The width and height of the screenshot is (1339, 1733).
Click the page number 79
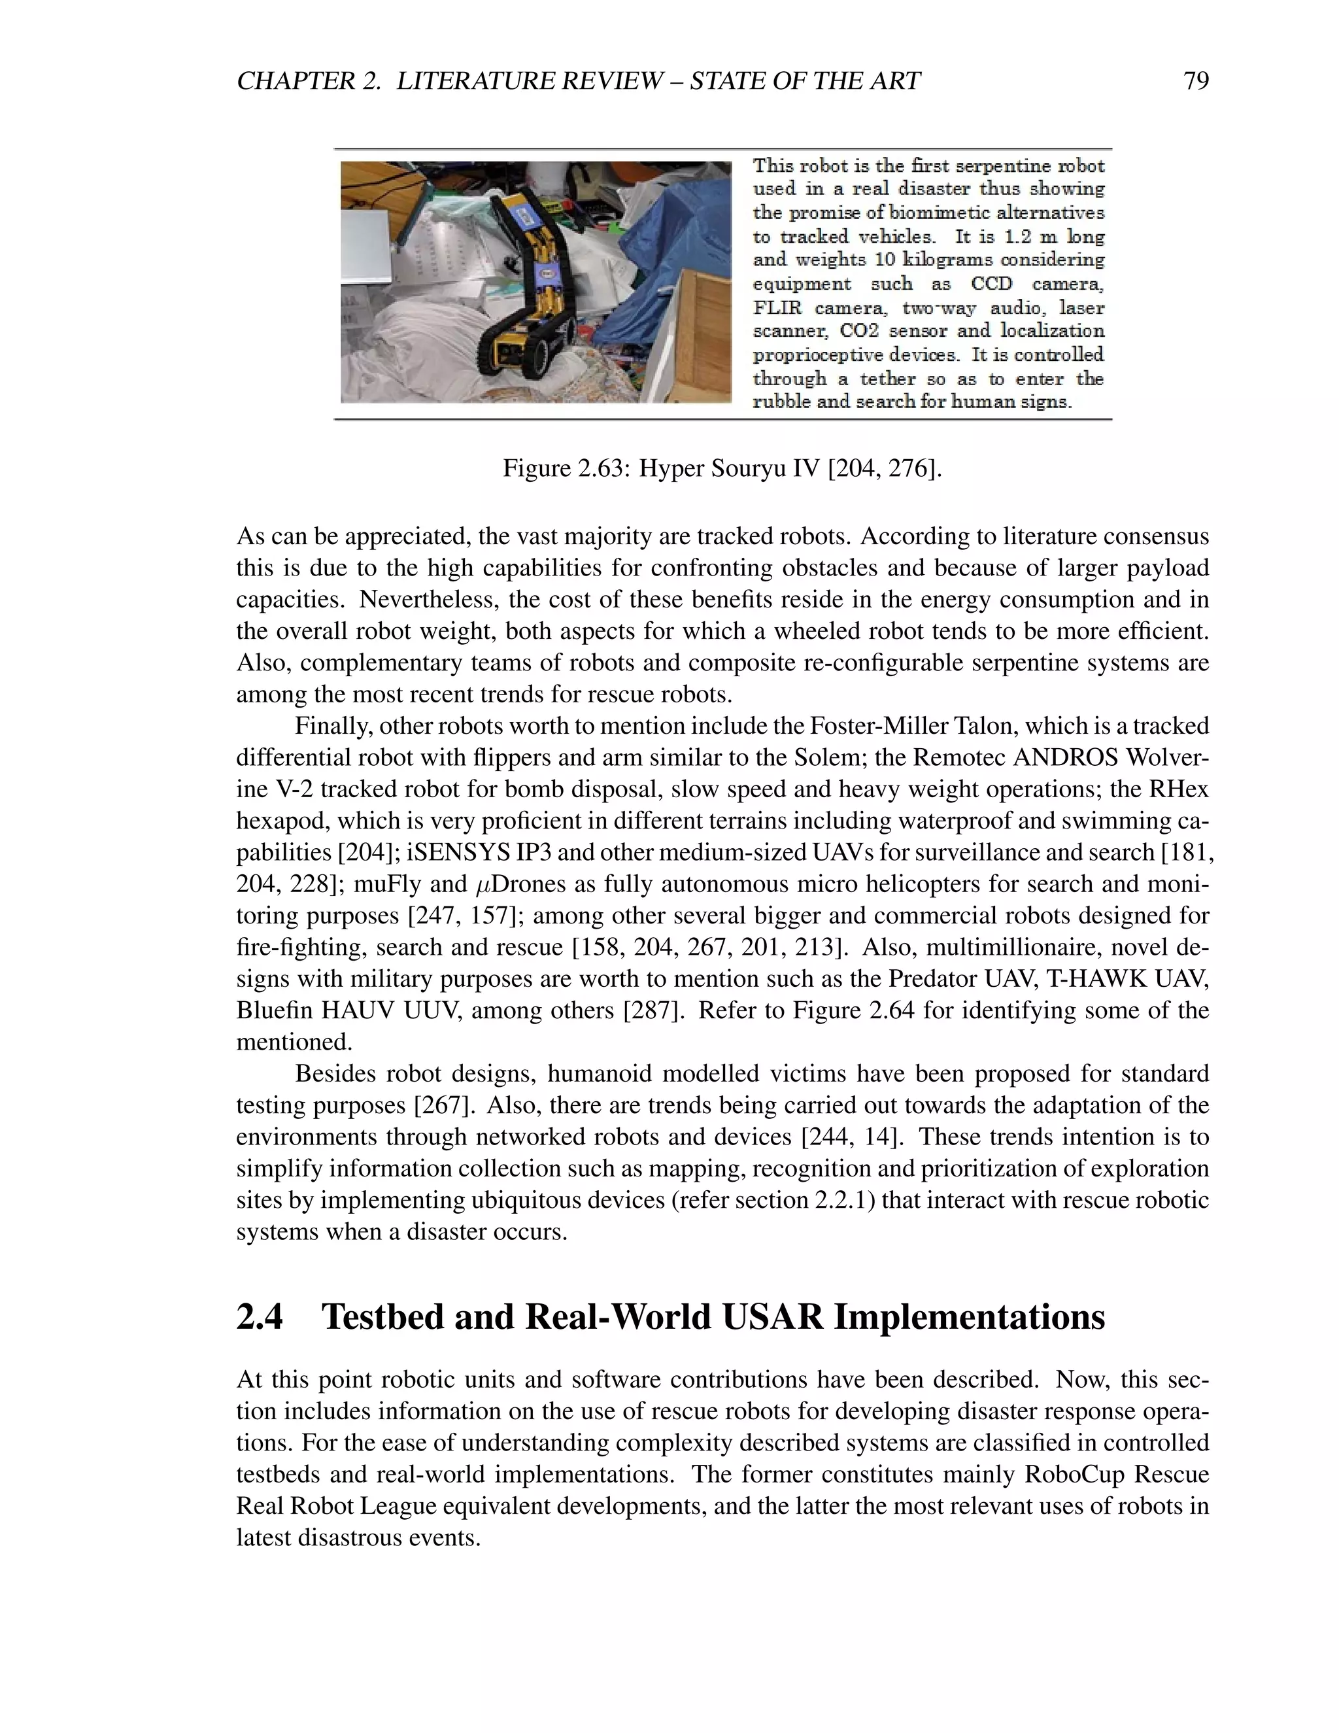click(1195, 81)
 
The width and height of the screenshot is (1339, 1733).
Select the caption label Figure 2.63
click(566, 468)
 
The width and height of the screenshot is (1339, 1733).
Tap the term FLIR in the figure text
click(777, 308)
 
